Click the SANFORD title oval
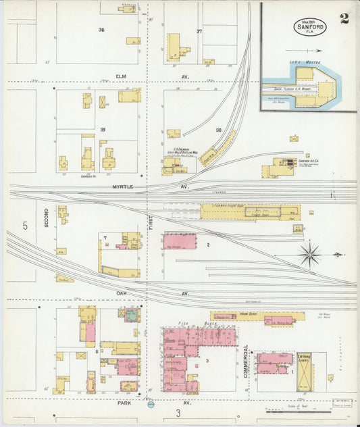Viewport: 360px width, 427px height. tap(310, 27)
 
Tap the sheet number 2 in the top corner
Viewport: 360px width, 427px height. tap(344, 18)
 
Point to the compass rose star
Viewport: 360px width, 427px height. tap(310, 255)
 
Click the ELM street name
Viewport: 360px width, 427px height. tap(122, 76)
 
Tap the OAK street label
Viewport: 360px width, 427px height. tap(122, 293)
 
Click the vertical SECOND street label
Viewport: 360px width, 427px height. tap(47, 217)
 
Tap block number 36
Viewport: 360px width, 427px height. tap(101, 30)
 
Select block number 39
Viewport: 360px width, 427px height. tap(104, 129)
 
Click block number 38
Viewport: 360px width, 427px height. tap(218, 130)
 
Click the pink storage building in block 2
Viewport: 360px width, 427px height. tap(180, 241)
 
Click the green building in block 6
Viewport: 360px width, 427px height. tap(130, 314)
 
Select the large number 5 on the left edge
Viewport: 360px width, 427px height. tap(25, 226)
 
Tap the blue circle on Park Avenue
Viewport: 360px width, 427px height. tap(151, 405)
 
